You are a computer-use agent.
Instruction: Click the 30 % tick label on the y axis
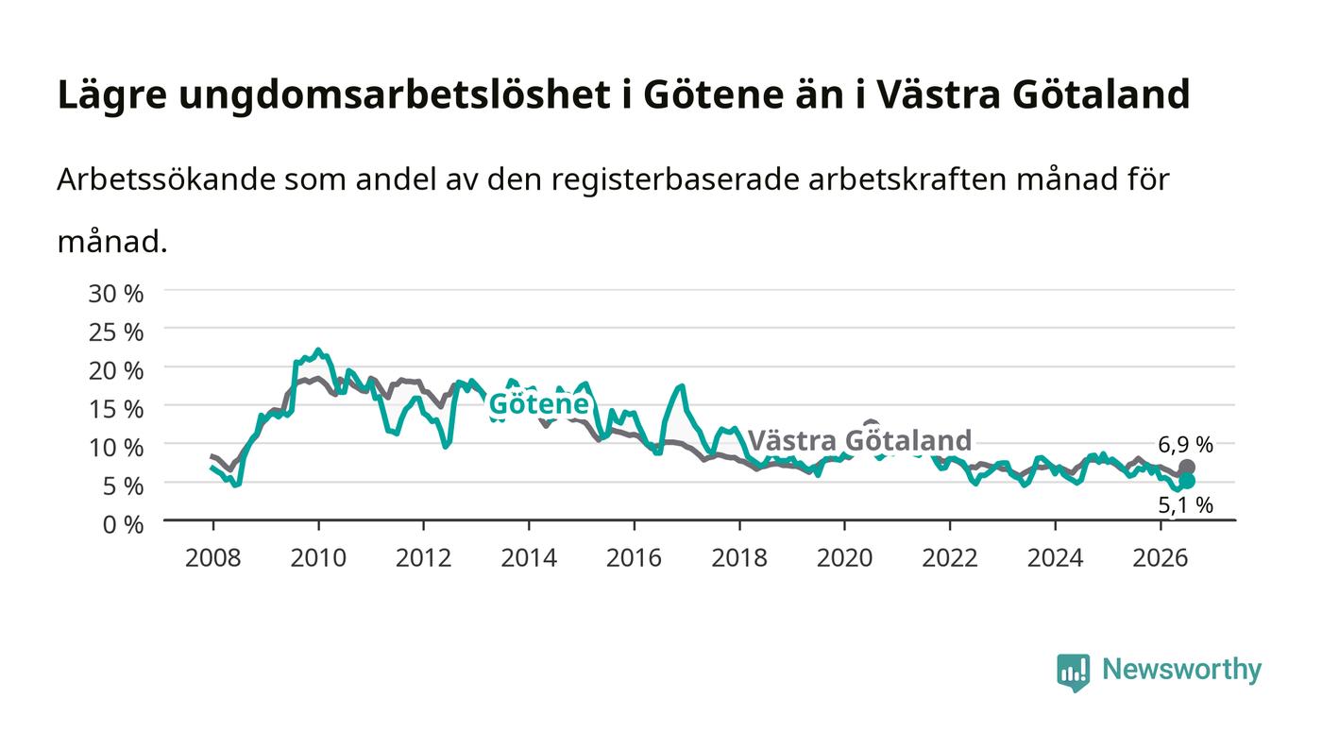coord(115,294)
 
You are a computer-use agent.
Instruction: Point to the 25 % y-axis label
coord(115,332)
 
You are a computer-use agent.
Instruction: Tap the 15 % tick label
coord(115,409)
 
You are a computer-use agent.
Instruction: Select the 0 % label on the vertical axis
coord(123,524)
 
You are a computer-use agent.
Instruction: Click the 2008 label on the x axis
coord(213,558)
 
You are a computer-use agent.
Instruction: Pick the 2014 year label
coord(529,558)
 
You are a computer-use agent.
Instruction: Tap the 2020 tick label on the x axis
coord(844,558)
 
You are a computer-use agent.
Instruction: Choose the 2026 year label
coord(1161,558)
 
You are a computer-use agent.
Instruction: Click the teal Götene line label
coord(539,404)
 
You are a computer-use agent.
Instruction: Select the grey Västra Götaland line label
coord(860,440)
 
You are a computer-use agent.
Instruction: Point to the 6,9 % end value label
coord(1186,445)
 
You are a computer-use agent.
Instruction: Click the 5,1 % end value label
coord(1186,505)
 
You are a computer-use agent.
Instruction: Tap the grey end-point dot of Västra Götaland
coord(1187,468)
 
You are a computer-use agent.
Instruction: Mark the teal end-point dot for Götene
coord(1187,482)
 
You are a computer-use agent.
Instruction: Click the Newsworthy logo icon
coord(1074,673)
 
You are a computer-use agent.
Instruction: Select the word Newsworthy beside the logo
coord(1181,670)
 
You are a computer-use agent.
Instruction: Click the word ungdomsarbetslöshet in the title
coord(395,94)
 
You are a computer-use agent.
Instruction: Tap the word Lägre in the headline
coord(112,95)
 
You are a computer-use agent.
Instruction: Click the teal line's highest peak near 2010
coord(319,350)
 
